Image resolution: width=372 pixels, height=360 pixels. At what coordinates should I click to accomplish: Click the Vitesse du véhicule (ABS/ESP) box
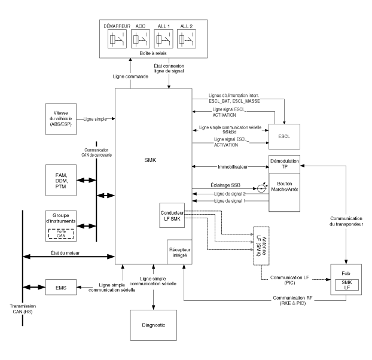(62, 119)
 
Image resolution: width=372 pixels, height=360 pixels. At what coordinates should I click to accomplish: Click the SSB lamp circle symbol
(261, 188)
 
